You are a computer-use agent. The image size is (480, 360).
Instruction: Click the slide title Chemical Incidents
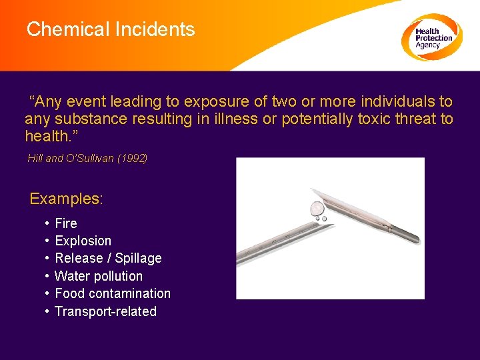(111, 29)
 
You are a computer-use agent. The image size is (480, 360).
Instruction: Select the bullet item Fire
(66, 223)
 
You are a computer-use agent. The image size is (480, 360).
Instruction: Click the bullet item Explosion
(83, 241)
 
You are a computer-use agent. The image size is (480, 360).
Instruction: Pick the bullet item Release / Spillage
(108, 258)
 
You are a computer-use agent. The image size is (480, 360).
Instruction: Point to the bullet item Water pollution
(99, 276)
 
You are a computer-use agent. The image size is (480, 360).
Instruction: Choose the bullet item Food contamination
(113, 293)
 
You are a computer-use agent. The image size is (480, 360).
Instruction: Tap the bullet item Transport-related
(105, 311)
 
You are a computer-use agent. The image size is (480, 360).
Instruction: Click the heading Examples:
(67, 199)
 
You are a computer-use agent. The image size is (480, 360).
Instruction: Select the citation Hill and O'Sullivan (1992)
(87, 158)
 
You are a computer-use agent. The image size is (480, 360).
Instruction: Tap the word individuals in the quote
(398, 102)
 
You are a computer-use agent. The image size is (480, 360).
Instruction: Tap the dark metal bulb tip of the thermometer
(405, 233)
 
